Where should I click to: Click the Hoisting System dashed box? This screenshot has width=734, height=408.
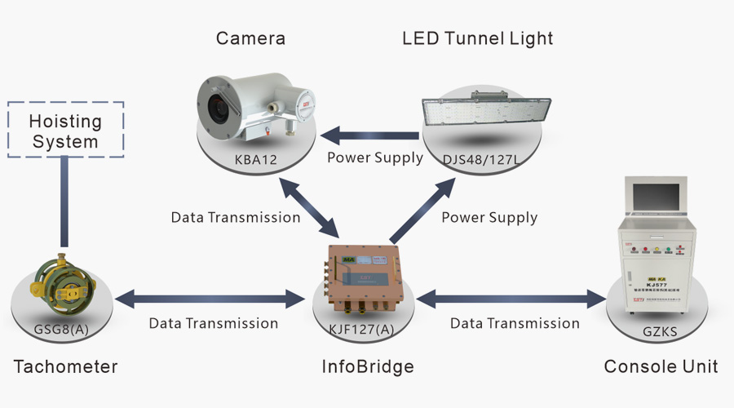(x=65, y=131)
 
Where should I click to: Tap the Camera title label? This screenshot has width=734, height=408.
(x=251, y=38)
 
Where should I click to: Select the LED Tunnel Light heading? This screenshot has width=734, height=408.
(x=478, y=38)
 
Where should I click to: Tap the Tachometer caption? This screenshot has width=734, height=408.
(x=66, y=366)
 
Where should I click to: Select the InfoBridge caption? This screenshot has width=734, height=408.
(x=368, y=366)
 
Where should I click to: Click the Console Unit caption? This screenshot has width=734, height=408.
(x=661, y=366)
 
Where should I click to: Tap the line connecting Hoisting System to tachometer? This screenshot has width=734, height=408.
(x=65, y=201)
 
